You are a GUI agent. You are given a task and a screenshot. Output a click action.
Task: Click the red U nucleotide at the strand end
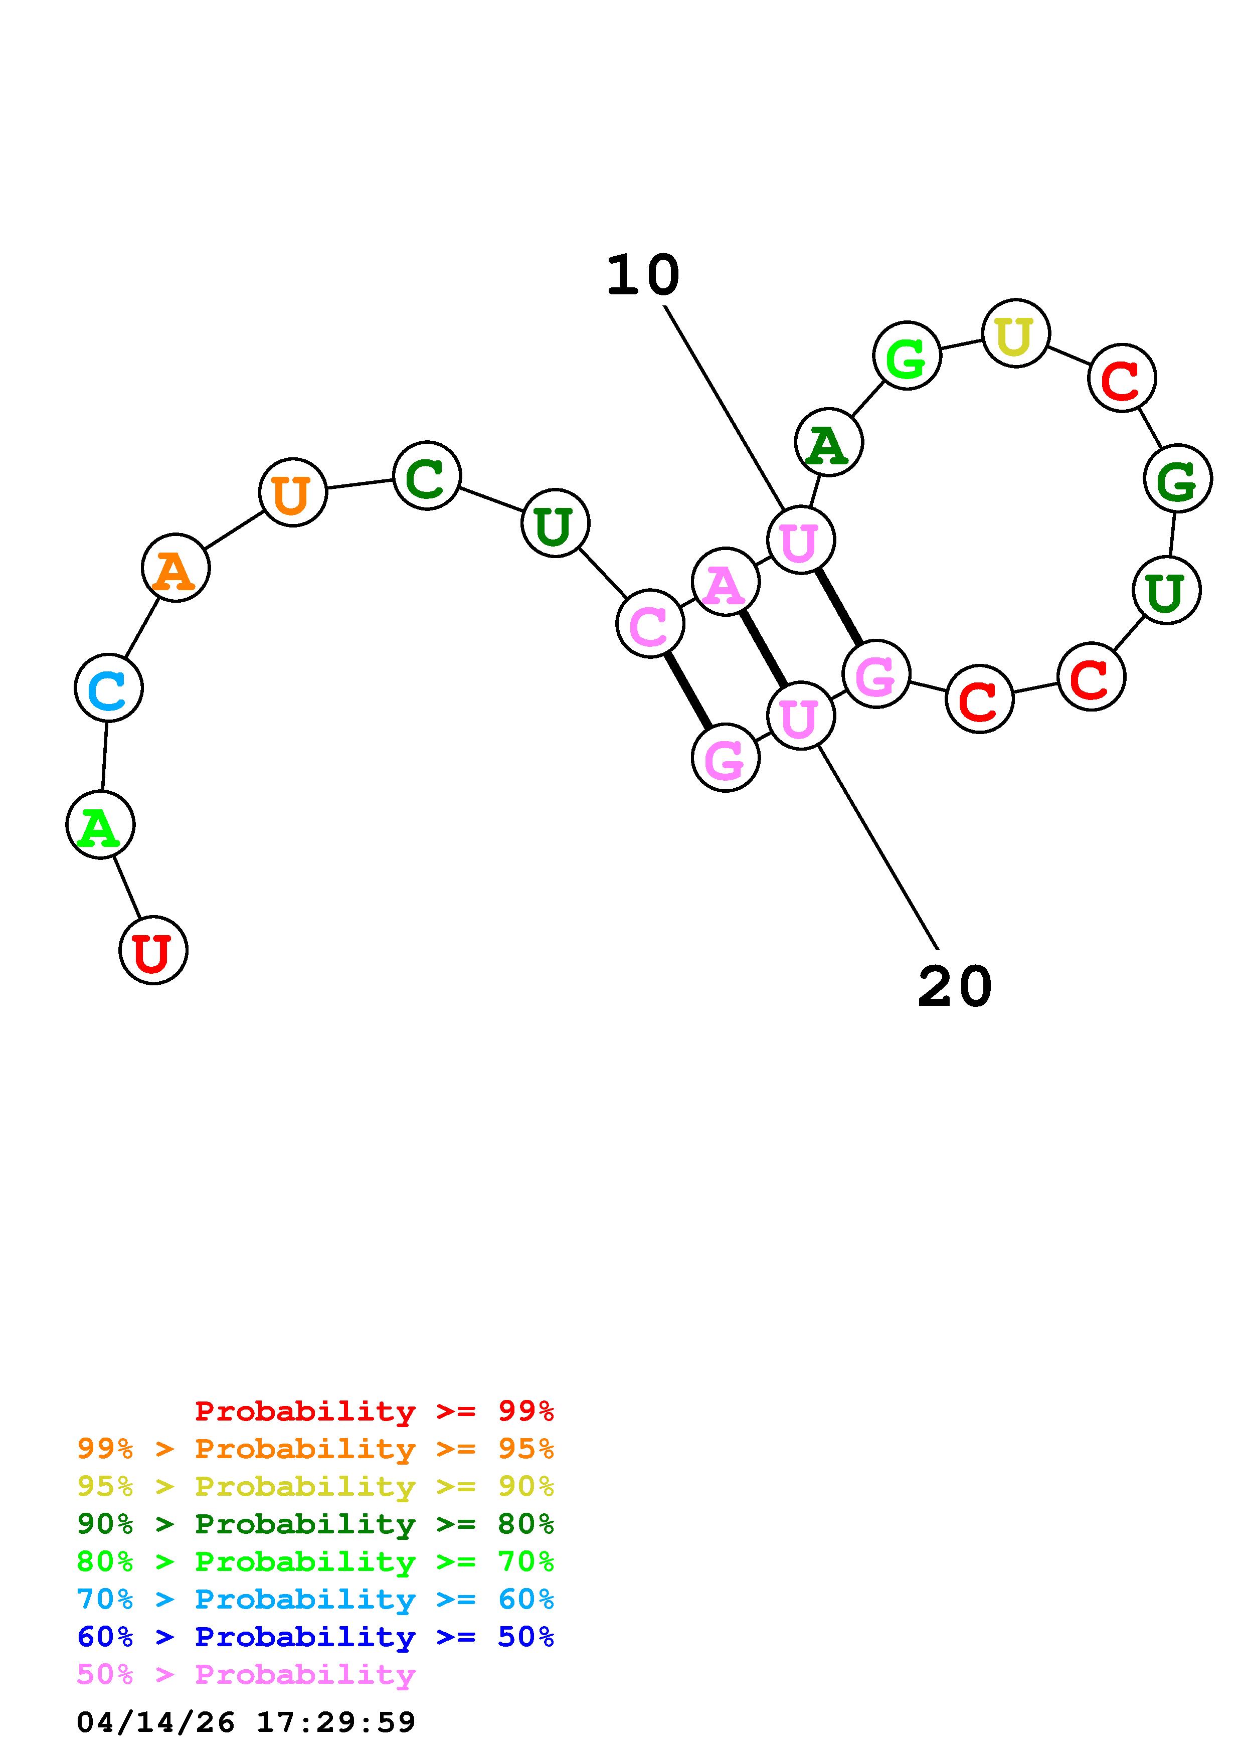[153, 950]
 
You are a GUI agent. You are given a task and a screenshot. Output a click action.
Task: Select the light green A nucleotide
[100, 825]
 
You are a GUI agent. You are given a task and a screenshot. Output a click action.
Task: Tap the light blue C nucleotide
[109, 688]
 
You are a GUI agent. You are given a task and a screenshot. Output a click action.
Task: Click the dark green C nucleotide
[427, 476]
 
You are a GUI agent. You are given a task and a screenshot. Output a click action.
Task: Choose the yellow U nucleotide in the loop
[1015, 333]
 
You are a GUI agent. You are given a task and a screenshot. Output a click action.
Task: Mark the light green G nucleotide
[907, 356]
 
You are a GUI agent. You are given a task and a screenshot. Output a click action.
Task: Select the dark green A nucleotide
[829, 442]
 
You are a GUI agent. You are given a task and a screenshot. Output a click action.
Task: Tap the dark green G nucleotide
[1177, 479]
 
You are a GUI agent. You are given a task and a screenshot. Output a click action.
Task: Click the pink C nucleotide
[649, 624]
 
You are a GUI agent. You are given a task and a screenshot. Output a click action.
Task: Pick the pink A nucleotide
[725, 582]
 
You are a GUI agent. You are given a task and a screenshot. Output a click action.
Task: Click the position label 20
[954, 987]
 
